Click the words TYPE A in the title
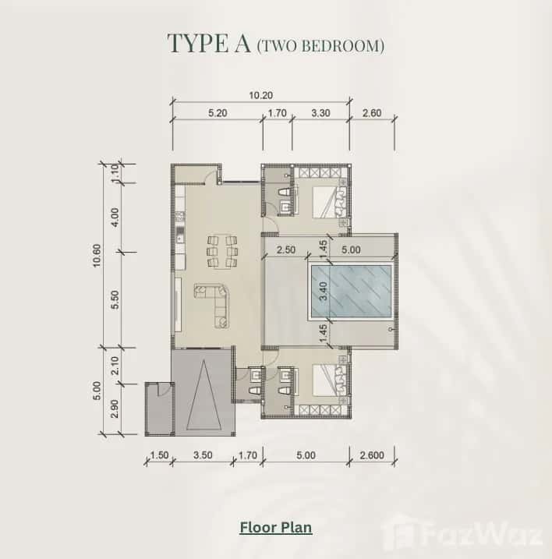[209, 44]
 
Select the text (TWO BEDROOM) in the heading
[320, 46]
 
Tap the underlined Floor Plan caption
[275, 528]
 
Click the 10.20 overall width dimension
[260, 96]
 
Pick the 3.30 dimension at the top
[320, 113]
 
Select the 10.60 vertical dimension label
[97, 254]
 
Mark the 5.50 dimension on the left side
[115, 299]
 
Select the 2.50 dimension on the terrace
[285, 251]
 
